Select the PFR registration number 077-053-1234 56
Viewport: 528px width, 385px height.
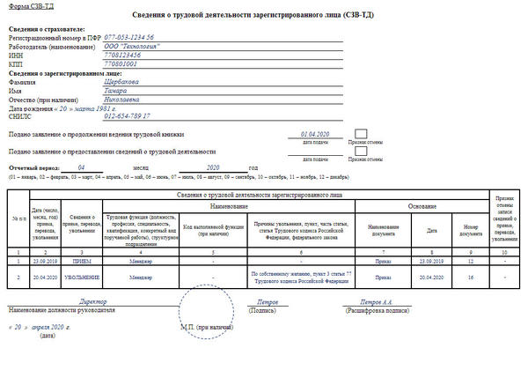point(129,37)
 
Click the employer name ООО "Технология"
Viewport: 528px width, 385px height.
point(132,47)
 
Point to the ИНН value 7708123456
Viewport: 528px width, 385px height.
point(124,56)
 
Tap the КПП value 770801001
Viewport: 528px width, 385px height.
point(121,64)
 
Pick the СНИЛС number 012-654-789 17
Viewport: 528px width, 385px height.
point(128,115)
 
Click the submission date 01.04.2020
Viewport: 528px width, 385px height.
point(314,134)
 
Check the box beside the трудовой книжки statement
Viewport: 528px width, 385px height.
point(361,134)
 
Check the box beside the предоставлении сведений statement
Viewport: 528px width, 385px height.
point(361,152)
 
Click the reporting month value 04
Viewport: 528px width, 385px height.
point(81,167)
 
